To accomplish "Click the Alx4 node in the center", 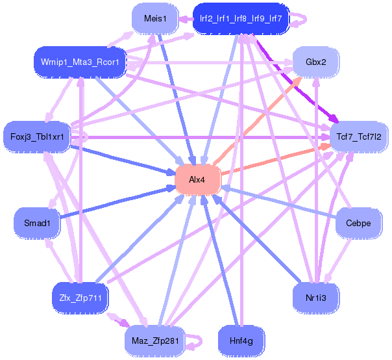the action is point(197,179).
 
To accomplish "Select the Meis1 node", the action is point(155,19).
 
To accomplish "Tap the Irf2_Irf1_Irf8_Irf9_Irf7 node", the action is point(241,19).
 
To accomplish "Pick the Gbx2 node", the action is point(316,62).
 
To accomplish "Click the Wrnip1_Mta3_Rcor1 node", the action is point(80,62).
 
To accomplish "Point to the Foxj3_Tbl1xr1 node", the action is point(37,136).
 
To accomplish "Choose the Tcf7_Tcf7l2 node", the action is point(359,136).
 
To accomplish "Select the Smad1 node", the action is point(37,223).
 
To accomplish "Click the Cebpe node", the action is point(358,223).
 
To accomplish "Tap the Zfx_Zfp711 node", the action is point(80,298).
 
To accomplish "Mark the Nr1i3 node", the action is point(316,298).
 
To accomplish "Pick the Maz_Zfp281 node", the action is point(155,341).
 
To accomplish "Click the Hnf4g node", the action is point(241,341).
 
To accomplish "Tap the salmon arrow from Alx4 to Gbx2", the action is point(258,122).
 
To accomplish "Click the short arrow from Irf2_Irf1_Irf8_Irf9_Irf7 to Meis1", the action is point(186,19).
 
